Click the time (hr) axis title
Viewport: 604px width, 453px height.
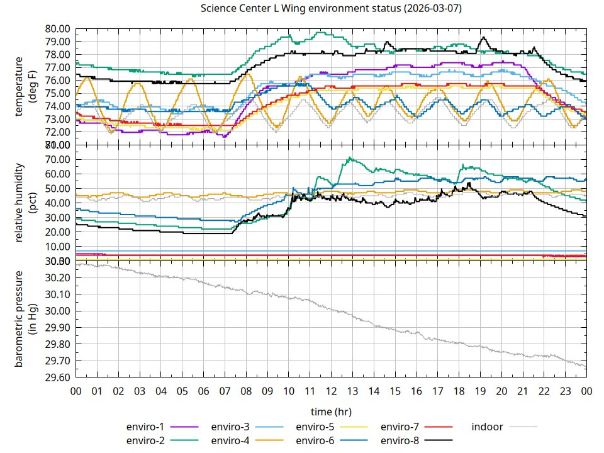pos(330,411)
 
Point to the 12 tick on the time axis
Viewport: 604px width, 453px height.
pos(331,391)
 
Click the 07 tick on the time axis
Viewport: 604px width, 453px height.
pos(225,391)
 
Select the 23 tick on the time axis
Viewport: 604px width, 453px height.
pos(565,391)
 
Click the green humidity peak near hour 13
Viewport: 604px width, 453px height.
pos(350,158)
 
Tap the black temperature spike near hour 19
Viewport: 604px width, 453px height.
pos(483,38)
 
